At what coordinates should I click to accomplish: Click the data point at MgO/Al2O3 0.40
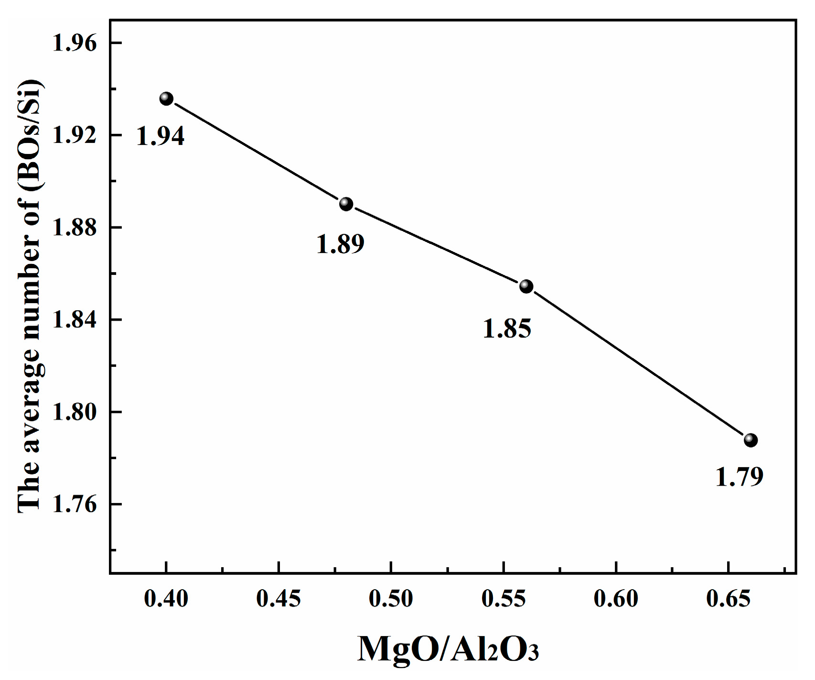coord(166,99)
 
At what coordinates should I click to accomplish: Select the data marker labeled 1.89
coord(346,204)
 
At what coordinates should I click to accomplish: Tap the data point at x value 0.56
coord(526,286)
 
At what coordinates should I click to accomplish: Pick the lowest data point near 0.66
coord(751,440)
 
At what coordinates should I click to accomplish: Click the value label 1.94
coord(161,136)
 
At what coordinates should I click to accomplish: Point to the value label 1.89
coord(340,244)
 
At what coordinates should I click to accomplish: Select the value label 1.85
coord(507,329)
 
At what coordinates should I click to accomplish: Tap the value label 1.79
coord(739,477)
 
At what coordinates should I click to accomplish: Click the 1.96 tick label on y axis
coord(75,43)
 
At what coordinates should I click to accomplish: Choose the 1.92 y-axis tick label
coord(75,135)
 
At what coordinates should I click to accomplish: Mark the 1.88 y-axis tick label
coord(75,227)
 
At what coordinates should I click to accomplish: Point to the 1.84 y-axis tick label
coord(75,319)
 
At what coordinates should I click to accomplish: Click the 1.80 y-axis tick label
coord(75,412)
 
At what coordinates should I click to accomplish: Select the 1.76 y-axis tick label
coord(75,504)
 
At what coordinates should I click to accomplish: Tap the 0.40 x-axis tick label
coord(166,599)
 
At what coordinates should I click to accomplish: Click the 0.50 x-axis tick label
coord(391,599)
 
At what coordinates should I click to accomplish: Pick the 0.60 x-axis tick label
coord(616,599)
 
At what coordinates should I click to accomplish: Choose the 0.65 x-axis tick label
coord(728,599)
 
